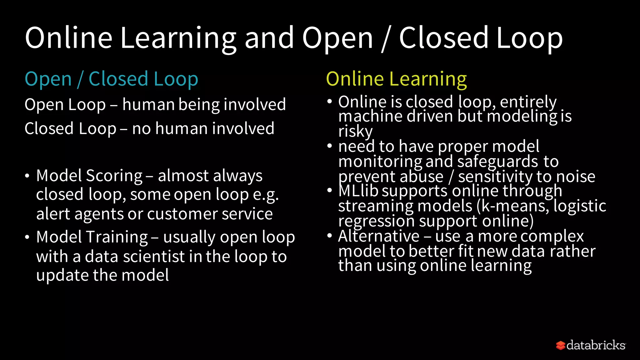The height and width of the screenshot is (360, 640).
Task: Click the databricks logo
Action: (591, 345)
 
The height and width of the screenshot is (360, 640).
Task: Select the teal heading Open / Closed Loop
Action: (111, 79)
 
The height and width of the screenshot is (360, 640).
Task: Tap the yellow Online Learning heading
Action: (396, 79)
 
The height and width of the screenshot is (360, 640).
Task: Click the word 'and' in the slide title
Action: (269, 38)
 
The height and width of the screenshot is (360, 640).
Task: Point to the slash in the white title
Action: (386, 39)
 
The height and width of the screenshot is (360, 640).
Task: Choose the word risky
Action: (355, 131)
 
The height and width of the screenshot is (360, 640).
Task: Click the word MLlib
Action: (358, 191)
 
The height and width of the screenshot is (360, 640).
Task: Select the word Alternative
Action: (379, 236)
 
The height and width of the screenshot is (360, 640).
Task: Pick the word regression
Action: (376, 221)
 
